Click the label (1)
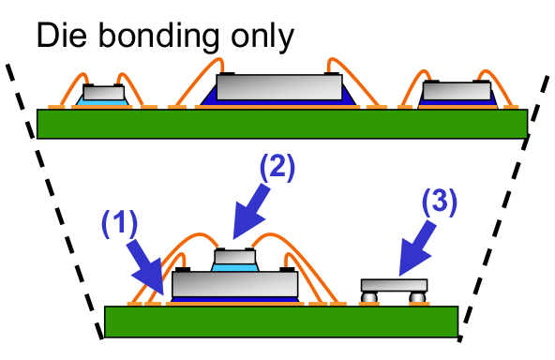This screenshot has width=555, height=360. [x=120, y=223]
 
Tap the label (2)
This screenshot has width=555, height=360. [x=277, y=167]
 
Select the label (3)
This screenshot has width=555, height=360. [x=439, y=202]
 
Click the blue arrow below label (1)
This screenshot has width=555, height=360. [x=145, y=267]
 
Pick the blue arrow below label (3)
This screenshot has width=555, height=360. [x=415, y=249]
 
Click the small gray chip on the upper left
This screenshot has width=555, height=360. [x=103, y=93]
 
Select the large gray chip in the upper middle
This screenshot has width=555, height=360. [x=278, y=87]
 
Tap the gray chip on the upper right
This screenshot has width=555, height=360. [x=457, y=91]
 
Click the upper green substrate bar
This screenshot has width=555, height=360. [x=281, y=124]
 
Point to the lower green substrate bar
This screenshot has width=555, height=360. [x=280, y=321]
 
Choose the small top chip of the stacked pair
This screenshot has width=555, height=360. [x=234, y=257]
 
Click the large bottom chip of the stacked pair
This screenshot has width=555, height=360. [x=234, y=284]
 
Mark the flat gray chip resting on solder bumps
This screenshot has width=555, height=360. [x=394, y=285]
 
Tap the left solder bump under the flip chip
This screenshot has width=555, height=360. [x=370, y=297]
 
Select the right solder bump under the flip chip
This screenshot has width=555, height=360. [x=417, y=297]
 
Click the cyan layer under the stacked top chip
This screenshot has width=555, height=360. [x=234, y=267]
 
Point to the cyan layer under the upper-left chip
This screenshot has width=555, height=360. [x=103, y=102]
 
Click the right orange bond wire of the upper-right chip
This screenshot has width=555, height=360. [x=504, y=89]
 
